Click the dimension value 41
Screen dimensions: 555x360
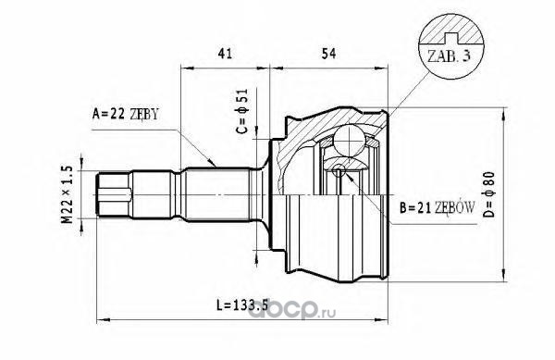click(225, 54)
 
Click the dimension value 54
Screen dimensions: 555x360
click(328, 54)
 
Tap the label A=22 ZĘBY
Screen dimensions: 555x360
click(125, 114)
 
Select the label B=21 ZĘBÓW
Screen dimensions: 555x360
click(437, 208)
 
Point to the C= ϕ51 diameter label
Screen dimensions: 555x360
click(242, 111)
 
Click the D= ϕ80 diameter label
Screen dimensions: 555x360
click(489, 194)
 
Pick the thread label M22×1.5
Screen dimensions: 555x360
click(68, 194)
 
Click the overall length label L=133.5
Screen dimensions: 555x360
click(242, 304)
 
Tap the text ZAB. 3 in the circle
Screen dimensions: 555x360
click(449, 56)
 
